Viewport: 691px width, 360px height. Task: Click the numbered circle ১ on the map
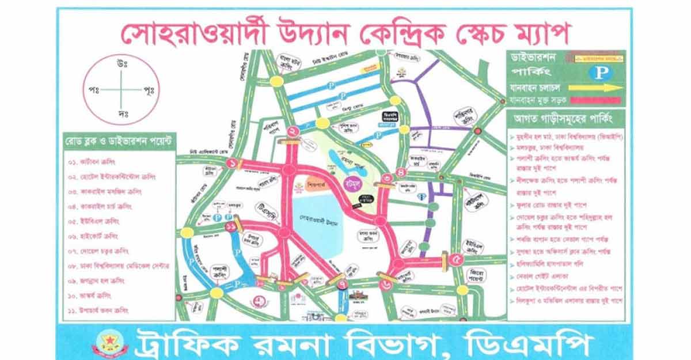232,164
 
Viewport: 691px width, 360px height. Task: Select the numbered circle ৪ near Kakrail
401,172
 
